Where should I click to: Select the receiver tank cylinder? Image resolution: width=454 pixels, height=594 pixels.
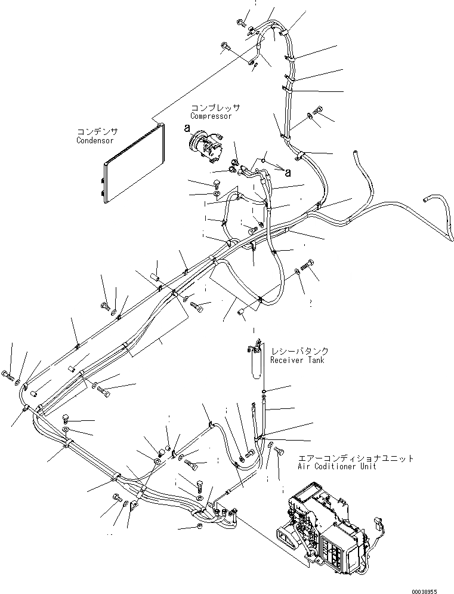click(255, 361)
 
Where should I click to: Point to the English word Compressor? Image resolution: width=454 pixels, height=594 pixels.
click(210, 116)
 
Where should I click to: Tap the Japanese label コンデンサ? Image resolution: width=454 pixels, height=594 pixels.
click(97, 131)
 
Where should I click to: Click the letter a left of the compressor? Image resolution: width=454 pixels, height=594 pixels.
click(186, 128)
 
